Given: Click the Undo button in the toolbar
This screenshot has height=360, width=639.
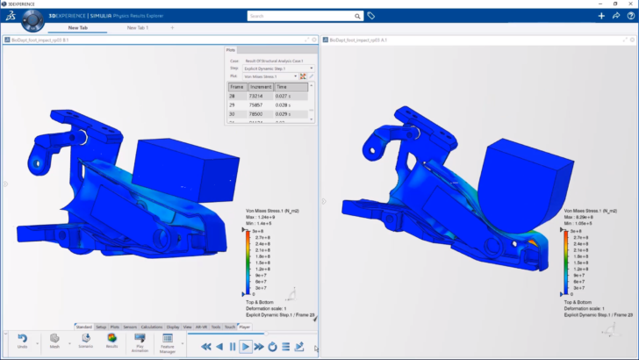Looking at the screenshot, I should pos(21,341).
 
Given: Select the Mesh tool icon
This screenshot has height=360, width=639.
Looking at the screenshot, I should pos(54,341).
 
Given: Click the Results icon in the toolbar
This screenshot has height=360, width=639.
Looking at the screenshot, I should pos(112,341).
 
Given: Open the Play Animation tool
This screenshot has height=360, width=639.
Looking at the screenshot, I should pos(140,341).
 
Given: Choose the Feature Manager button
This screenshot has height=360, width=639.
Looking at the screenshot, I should pos(167,341).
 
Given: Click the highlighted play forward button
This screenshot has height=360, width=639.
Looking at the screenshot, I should pos(246,347).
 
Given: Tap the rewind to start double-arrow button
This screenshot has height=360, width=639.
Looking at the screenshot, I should pos(206,347).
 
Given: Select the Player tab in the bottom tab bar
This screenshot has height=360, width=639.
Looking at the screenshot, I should pos(245,327).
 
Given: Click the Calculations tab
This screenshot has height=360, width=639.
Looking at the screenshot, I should pos(153,327).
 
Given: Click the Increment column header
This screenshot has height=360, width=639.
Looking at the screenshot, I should pos(260,87).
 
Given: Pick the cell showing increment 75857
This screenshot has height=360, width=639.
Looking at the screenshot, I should pos(260,105).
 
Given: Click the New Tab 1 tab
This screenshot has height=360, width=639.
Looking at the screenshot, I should pos(138,27).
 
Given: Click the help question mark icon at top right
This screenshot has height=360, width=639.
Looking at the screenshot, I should pos(629,16).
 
